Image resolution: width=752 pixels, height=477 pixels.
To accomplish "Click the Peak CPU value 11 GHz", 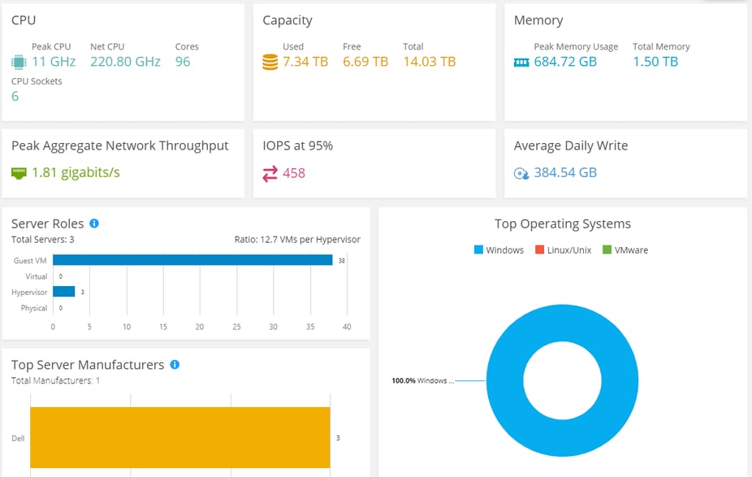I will [54, 62].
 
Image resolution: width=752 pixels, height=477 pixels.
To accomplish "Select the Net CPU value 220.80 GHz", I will [125, 62].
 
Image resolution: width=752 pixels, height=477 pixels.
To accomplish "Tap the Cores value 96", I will [183, 62].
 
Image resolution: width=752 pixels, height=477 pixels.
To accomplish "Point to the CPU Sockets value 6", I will [15, 96].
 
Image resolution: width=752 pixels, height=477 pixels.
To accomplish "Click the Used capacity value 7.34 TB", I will [305, 62].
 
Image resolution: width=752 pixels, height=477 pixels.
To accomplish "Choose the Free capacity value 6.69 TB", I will [365, 62].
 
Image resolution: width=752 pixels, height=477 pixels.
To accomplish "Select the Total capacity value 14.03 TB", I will [429, 62].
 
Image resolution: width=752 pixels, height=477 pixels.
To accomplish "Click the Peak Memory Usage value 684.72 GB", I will [565, 62].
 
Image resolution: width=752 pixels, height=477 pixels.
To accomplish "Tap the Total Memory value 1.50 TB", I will [655, 62].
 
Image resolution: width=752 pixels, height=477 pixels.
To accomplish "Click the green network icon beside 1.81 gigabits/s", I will [19, 173].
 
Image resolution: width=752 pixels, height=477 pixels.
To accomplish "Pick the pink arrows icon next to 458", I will [270, 173].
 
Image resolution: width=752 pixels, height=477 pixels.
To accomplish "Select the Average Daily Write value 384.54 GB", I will [565, 173].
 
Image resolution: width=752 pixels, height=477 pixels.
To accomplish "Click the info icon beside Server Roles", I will [94, 223].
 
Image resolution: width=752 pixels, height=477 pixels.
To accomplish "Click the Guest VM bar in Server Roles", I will [192, 260].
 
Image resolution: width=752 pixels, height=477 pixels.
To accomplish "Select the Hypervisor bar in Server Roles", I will [63, 292].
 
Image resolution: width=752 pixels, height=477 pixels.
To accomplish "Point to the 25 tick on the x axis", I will [236, 327].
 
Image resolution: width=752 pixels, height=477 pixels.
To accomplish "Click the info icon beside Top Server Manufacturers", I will [175, 365].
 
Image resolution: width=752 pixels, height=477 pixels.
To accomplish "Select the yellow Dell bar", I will [180, 437].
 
